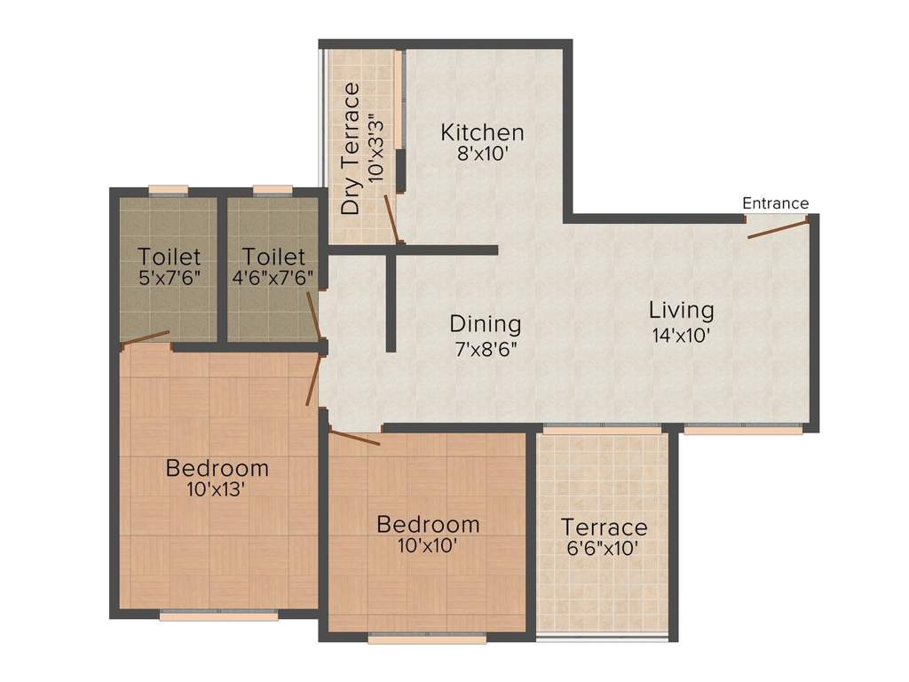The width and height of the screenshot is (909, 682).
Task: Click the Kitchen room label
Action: tap(483, 133)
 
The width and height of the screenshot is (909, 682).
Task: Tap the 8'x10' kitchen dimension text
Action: tap(483, 154)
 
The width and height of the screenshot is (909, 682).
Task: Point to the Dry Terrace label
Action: tap(352, 148)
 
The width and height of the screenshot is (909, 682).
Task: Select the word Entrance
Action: tap(775, 203)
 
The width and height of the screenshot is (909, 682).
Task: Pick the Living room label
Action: tap(681, 311)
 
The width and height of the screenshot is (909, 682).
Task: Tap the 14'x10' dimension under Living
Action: tap(681, 336)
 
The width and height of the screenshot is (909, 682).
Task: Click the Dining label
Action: tap(485, 324)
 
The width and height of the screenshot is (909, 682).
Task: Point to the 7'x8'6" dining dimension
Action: tap(485, 348)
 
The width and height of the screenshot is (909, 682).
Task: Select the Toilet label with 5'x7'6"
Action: tap(169, 257)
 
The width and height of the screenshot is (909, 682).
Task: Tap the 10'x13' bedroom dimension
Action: tap(217, 488)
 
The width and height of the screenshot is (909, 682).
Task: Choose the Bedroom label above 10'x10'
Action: tap(428, 524)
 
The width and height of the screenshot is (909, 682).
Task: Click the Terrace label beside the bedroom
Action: tap(604, 527)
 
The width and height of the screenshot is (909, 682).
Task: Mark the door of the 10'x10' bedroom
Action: tap(354, 437)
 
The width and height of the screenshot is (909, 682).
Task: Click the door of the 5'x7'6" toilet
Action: tap(145, 337)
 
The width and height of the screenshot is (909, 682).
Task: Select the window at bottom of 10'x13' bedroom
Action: tap(218, 615)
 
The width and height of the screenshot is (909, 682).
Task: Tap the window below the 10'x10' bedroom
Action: tap(428, 637)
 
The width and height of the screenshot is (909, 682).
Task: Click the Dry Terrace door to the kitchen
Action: tap(391, 218)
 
